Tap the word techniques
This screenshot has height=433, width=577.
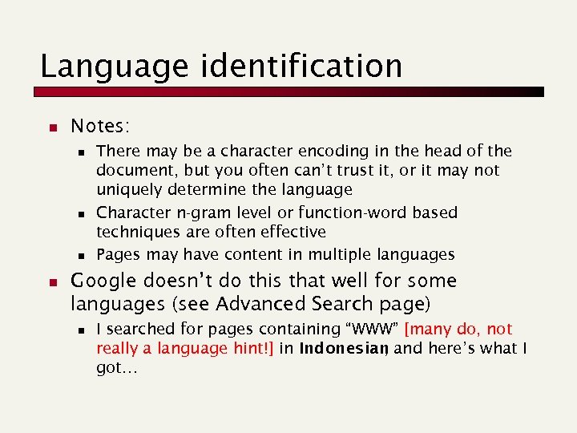point(135,233)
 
